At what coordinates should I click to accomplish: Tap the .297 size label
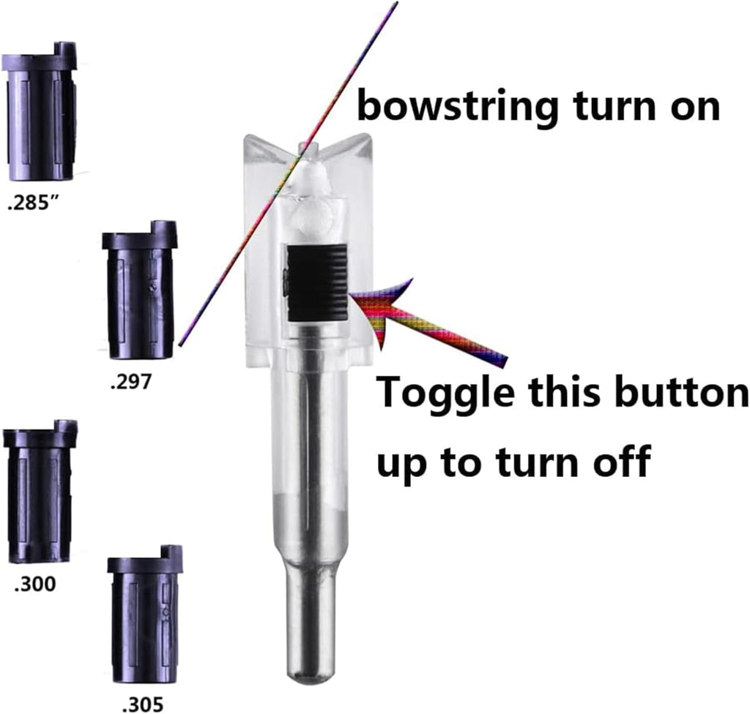coord(130,382)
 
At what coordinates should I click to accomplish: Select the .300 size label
coord(35,584)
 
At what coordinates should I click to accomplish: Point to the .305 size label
coord(143,704)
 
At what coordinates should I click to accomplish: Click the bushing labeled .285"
coord(40,111)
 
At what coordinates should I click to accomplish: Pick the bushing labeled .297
coord(139,290)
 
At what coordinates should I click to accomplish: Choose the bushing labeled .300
coord(40,492)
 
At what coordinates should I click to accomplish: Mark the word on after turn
coord(694,110)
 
